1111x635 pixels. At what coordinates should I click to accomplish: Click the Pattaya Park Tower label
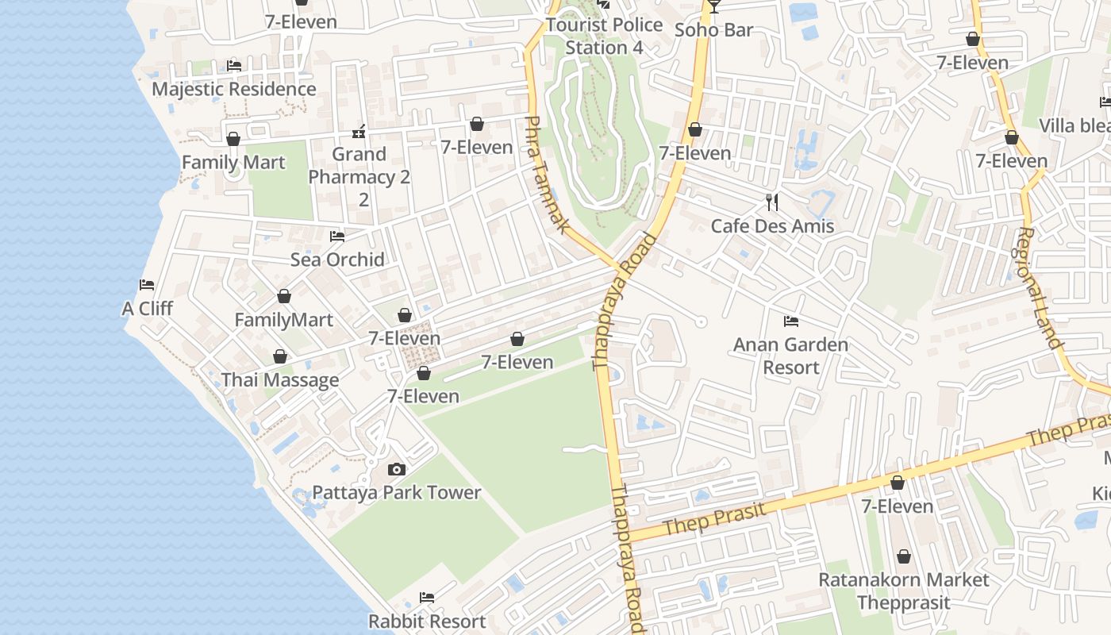(x=397, y=493)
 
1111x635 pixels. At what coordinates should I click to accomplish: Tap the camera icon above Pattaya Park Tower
(x=397, y=470)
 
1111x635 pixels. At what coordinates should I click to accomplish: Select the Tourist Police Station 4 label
(x=605, y=37)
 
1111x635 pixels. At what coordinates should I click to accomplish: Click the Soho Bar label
(x=713, y=30)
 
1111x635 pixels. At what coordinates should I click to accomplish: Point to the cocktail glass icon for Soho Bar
(x=714, y=6)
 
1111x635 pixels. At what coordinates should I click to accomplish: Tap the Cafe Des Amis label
(x=772, y=226)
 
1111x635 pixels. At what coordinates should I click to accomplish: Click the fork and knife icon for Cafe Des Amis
(x=772, y=202)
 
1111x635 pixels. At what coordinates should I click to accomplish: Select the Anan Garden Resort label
(x=791, y=356)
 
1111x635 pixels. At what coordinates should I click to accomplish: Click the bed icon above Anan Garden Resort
(x=791, y=321)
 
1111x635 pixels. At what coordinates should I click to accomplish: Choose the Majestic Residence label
(x=234, y=89)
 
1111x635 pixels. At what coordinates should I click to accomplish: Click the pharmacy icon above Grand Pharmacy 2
(x=359, y=131)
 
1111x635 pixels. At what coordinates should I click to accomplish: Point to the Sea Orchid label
(x=337, y=260)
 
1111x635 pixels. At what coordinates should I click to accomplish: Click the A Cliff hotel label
(x=147, y=309)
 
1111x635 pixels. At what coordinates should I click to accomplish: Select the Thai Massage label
(x=280, y=380)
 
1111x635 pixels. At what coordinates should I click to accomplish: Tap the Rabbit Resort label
(x=427, y=621)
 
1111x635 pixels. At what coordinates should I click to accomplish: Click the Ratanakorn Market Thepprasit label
(x=904, y=591)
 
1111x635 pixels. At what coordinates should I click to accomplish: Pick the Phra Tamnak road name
(x=548, y=175)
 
